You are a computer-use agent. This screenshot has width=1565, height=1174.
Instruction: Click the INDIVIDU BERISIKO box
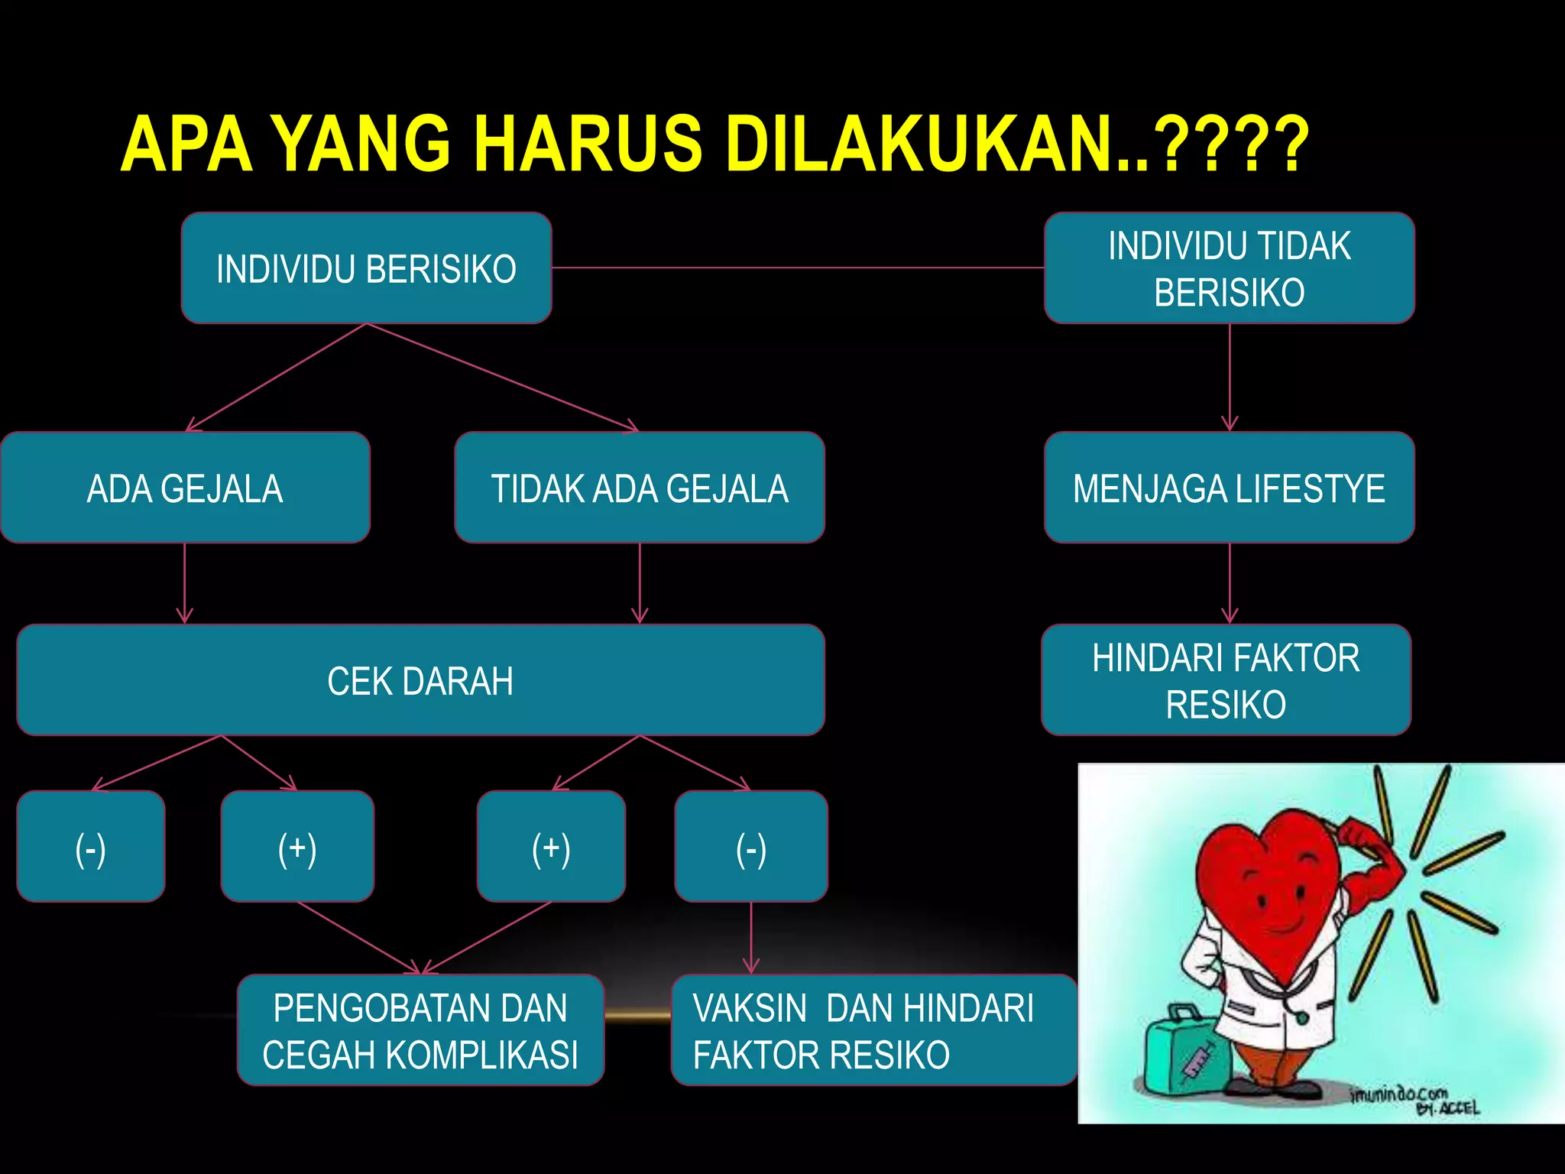366,268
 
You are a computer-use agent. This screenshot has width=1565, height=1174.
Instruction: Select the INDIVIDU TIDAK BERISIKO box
1229,268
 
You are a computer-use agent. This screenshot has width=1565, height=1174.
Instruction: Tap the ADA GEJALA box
185,488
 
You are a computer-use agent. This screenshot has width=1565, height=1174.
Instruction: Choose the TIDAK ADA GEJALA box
639,488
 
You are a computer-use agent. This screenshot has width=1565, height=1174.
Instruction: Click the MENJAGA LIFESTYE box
1229,488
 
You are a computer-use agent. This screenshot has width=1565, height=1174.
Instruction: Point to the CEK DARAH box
420,680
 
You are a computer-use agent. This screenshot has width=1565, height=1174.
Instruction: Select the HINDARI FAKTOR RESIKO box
1226,680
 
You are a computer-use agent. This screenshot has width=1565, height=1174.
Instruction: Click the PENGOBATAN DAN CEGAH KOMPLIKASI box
420,1030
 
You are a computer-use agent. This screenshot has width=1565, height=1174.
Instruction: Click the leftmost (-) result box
90,847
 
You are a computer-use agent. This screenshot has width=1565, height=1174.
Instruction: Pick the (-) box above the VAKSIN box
750,847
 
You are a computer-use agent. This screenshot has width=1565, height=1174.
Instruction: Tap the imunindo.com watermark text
1398,1094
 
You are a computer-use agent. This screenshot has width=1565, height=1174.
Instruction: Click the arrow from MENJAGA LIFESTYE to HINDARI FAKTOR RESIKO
1229,583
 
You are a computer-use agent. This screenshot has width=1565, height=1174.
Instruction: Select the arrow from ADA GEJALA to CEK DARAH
185,583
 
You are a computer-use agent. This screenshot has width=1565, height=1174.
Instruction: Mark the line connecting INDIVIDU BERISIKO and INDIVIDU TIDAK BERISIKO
798,268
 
